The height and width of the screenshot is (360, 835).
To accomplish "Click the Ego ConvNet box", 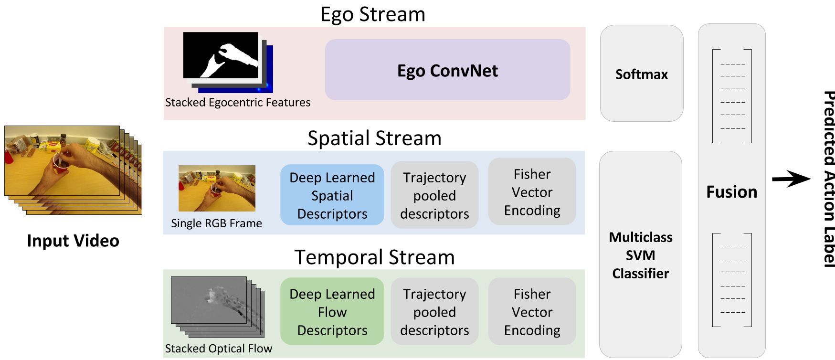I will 447,70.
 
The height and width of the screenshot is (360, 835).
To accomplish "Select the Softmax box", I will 641,74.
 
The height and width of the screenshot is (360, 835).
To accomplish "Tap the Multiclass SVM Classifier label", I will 641,255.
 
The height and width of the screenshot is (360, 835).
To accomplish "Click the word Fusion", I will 731,192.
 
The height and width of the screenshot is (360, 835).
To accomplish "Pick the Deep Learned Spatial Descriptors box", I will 332,195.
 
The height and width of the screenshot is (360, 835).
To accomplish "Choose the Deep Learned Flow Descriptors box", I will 332,312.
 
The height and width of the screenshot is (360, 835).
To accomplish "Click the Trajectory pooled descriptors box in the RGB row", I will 434,195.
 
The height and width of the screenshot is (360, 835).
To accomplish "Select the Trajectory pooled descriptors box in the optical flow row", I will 434,312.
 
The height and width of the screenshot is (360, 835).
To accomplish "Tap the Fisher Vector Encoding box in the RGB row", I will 532,192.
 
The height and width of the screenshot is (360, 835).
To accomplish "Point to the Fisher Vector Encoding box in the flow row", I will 532,312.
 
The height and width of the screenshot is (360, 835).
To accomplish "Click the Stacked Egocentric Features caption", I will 238,103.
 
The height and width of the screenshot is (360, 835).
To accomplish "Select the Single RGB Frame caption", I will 216,223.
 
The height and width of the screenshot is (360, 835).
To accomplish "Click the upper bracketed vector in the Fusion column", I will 732,96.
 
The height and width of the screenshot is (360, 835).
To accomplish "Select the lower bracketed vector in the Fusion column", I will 732,280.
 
